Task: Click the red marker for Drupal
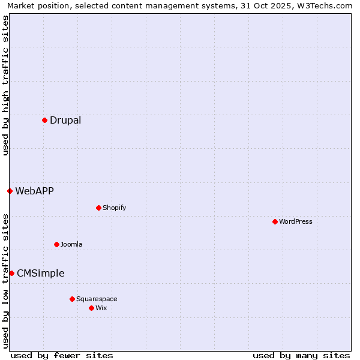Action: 44,120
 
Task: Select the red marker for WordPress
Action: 275,221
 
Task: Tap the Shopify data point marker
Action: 98,208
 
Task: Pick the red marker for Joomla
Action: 56,244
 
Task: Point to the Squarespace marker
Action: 72,299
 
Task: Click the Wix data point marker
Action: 91,308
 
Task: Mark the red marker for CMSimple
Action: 11,273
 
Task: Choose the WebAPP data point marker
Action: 10,191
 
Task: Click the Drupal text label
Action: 65,120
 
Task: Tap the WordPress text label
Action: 296,221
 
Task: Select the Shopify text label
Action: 114,208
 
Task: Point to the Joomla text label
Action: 71,244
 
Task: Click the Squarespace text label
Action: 97,299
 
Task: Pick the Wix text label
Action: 101,308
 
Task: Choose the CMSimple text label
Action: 40,273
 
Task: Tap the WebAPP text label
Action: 34,191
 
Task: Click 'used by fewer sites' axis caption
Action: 62,355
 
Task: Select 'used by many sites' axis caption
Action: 301,355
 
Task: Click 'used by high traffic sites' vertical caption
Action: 5,85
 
